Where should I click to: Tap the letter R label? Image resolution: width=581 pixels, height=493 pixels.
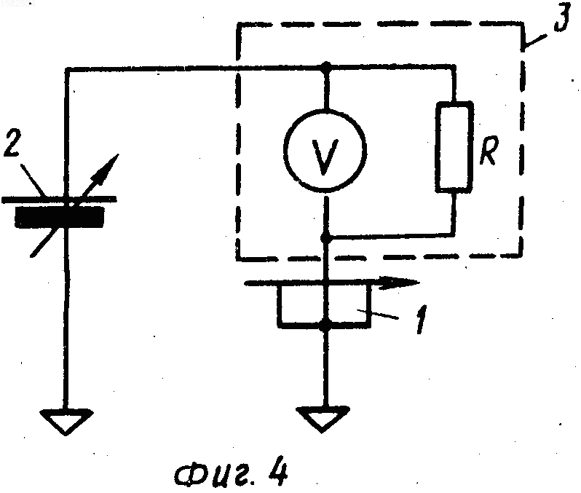pos(489,150)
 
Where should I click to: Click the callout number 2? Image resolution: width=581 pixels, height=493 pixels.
pos(12,143)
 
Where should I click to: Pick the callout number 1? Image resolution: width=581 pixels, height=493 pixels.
pos(421,320)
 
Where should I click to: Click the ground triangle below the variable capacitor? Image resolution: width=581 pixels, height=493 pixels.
pos(66,422)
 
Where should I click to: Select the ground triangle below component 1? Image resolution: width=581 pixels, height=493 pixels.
pos(323,419)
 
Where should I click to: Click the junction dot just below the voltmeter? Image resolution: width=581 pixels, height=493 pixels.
pos(325,237)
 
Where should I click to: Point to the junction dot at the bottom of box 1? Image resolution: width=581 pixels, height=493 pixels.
pos(325,326)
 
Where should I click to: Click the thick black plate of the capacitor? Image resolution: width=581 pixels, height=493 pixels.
pos(59,216)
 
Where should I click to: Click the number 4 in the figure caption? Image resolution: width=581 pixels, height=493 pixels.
pos(278,472)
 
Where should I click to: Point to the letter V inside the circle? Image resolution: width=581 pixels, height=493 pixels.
pos(325,157)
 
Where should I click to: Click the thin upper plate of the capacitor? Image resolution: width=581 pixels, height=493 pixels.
pos(59,200)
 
